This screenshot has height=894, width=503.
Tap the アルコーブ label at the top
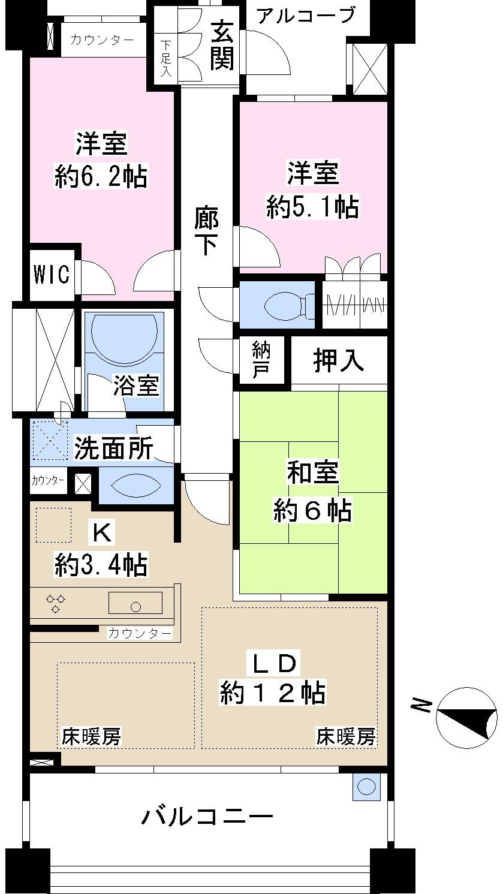coord(305,15)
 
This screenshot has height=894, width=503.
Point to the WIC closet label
coord(51,274)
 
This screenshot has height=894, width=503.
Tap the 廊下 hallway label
coord(206,231)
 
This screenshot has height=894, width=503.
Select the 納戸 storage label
coord(261,360)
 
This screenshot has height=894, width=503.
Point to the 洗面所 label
coord(113,448)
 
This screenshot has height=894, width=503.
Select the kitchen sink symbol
coord(135,603)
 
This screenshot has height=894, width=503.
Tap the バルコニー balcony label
coord(207,816)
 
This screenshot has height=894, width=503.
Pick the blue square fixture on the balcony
coord(366,787)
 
